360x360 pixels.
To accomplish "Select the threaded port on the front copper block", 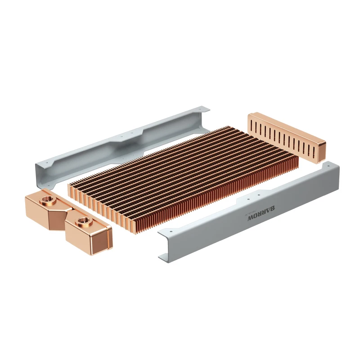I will point(83,221).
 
